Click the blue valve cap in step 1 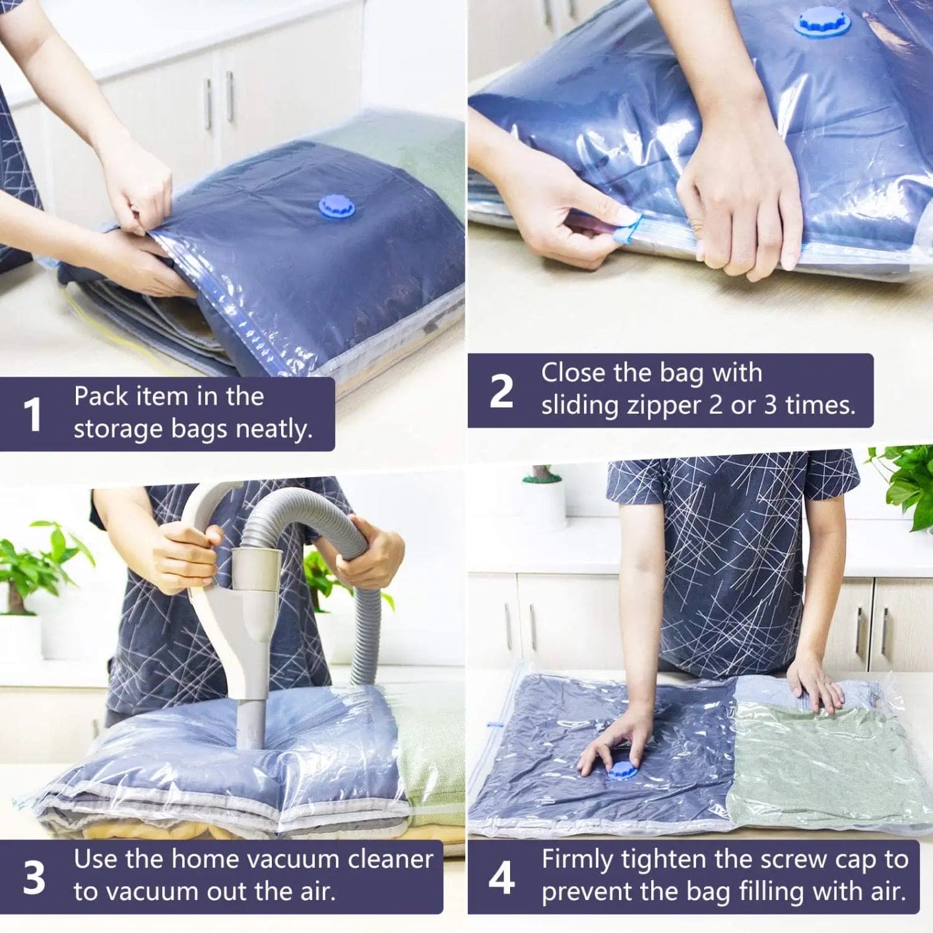click(x=336, y=206)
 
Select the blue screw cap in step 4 click(x=622, y=770)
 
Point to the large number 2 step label click(x=501, y=391)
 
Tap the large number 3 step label click(x=34, y=878)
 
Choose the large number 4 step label click(x=501, y=878)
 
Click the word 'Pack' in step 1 click(x=100, y=396)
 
